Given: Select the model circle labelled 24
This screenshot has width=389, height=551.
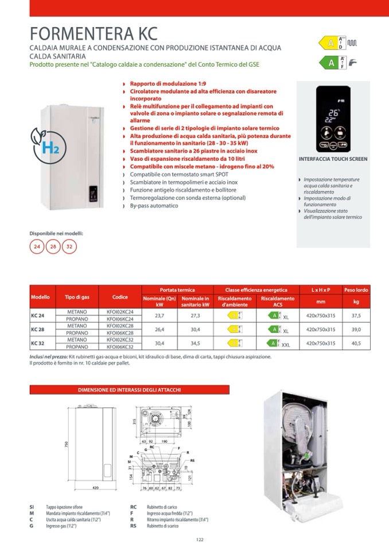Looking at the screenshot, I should coord(37,246).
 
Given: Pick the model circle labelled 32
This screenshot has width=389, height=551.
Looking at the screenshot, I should coord(69,246).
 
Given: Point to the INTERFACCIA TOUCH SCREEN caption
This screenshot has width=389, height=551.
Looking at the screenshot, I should coord(333,159).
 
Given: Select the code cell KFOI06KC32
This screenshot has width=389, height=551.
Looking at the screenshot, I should coord(120,347).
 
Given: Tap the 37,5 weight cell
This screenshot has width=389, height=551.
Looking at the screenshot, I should coord(356,315).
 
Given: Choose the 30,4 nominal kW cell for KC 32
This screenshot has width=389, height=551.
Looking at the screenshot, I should coord(160,343).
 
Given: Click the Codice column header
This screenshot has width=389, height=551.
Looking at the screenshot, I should coord(120,297).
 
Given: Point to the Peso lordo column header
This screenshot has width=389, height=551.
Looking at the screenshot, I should coord(356,290).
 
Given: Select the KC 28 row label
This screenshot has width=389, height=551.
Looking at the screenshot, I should coord(38,329).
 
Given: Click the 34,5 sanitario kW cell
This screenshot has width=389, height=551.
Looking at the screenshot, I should coord(195,343).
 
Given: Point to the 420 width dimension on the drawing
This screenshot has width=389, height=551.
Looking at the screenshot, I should coord(96,487).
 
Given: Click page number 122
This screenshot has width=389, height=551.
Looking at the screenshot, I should coord(200,539).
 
